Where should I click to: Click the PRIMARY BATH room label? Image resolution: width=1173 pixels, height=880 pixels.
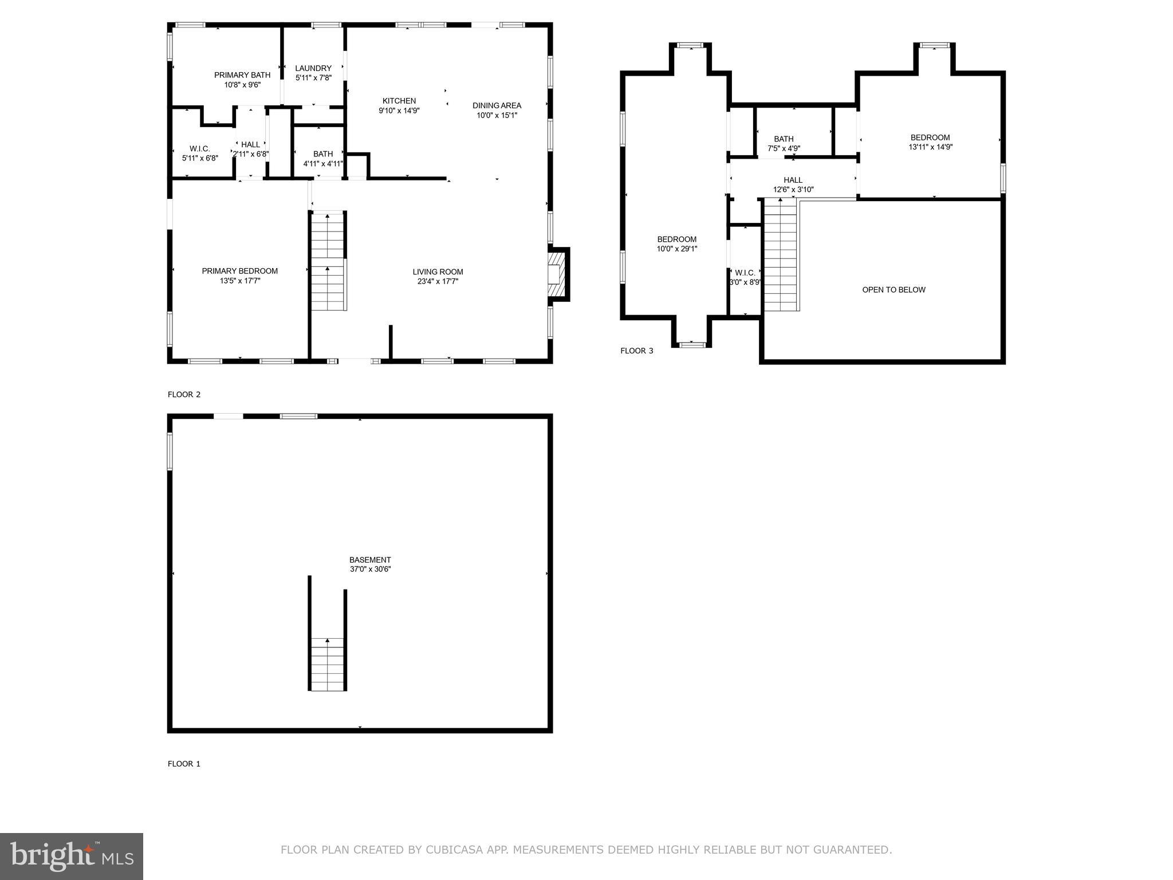tap(242, 75)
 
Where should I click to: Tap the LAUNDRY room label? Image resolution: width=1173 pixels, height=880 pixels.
tap(313, 68)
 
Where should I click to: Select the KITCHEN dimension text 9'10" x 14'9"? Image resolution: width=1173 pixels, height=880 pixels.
tap(399, 111)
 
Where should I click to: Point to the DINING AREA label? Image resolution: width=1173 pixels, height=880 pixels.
tap(497, 105)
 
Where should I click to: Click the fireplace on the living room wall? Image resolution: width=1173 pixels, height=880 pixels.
tap(556, 274)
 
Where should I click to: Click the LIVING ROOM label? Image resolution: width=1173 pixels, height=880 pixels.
tap(438, 272)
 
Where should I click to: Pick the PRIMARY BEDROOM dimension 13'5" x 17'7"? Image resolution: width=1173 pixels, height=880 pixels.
tap(240, 281)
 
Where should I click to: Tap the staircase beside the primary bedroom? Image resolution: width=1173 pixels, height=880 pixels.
tap(328, 262)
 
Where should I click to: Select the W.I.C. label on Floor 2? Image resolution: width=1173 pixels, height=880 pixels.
tap(200, 149)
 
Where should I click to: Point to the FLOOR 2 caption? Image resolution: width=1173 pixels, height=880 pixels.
tap(184, 394)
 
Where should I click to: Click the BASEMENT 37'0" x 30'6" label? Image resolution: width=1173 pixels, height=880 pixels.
tap(370, 564)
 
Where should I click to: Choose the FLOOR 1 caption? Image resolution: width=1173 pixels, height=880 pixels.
tap(184, 764)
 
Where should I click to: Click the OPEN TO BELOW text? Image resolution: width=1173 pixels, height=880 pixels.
tap(893, 290)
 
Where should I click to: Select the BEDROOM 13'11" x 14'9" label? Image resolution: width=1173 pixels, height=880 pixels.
tap(930, 142)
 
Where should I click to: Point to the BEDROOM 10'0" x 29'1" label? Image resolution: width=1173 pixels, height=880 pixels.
tap(676, 244)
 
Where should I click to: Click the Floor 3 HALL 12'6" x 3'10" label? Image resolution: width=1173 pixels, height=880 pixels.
tap(793, 184)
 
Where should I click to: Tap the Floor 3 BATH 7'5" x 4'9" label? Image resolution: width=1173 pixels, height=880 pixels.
tap(784, 143)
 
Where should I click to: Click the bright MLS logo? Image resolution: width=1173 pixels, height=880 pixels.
tap(72, 856)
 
